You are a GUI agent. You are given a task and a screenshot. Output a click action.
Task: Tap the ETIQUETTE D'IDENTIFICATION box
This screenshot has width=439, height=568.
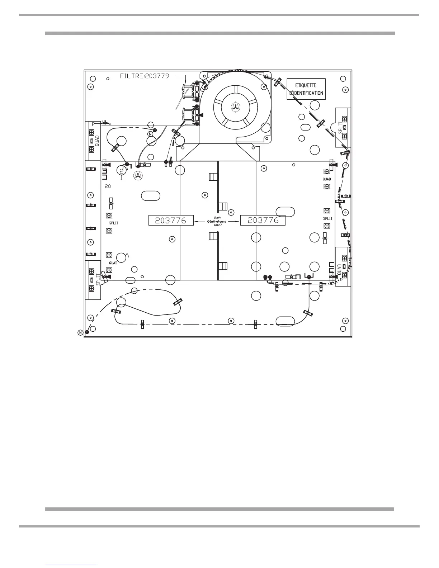tap(306, 89)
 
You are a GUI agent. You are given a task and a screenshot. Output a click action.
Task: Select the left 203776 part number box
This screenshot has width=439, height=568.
tap(171, 221)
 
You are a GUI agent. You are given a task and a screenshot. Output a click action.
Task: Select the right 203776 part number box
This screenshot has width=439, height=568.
tap(263, 220)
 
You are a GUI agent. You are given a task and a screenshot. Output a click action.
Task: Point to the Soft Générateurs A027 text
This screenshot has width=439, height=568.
tap(217, 221)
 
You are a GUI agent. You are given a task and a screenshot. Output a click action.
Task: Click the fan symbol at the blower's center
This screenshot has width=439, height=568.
tap(235, 106)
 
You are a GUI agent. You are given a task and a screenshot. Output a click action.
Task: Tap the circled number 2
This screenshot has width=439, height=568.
tap(122, 171)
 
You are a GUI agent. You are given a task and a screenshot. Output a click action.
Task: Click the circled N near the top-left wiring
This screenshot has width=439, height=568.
tap(150, 134)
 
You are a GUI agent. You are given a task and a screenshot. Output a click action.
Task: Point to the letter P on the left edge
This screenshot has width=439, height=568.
tap(93, 124)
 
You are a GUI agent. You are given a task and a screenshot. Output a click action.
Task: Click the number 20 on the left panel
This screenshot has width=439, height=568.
tap(108, 186)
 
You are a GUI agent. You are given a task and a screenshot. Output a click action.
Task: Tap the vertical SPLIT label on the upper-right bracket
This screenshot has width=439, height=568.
tap(341, 127)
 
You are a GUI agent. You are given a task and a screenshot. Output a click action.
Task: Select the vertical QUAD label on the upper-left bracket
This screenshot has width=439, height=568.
tap(98, 141)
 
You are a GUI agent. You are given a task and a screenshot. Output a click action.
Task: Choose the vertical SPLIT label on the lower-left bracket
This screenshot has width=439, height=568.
tap(98, 280)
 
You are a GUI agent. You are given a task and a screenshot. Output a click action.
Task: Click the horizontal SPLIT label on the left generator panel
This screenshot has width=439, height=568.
tap(114, 223)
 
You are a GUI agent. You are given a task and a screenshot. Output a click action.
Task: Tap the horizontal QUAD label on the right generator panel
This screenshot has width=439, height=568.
tap(327, 179)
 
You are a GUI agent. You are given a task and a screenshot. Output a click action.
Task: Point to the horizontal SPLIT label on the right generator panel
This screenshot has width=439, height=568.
tap(328, 218)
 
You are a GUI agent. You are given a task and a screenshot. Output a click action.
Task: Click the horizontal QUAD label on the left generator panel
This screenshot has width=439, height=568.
tap(113, 263)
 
